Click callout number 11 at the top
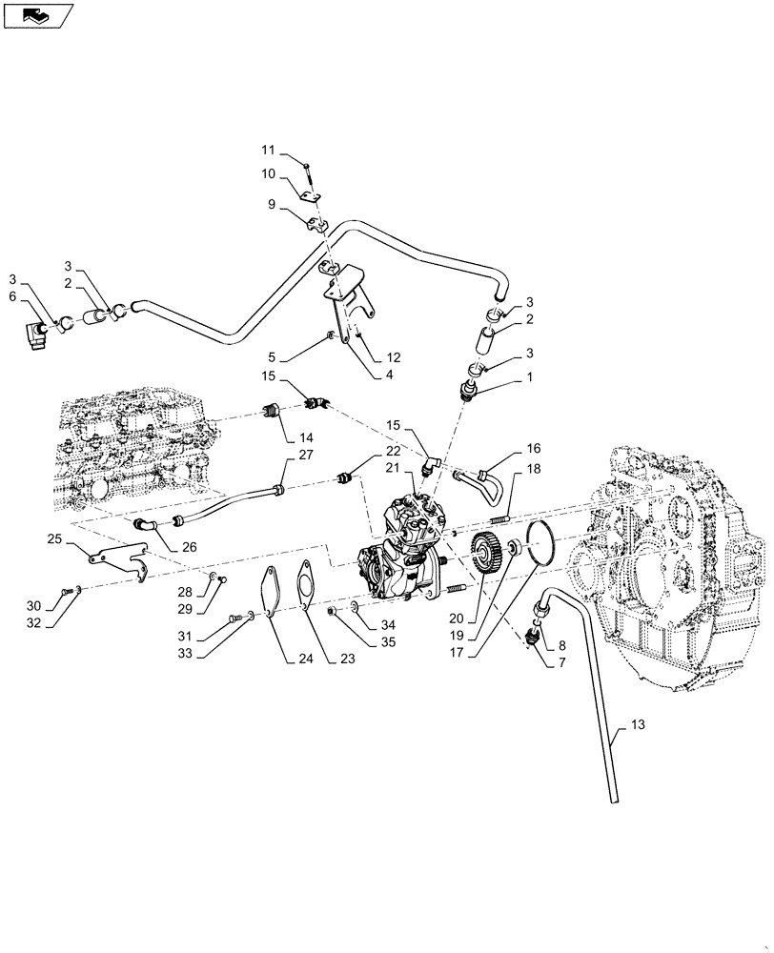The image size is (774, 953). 268,150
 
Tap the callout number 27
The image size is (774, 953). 305,455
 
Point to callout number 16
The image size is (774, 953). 533,447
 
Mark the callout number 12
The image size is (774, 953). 394,357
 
